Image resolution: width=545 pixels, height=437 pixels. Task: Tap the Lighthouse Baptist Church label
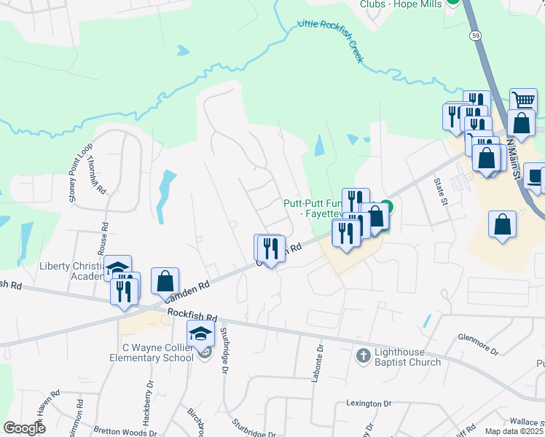coord(407,357)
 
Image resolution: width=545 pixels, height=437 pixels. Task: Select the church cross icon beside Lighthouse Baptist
coord(363,356)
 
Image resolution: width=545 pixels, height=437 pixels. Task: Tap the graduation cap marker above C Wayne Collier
coord(200,334)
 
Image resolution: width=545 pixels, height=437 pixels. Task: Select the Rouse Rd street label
coord(103,238)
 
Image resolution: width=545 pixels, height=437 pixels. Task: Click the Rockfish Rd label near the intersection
coord(192,316)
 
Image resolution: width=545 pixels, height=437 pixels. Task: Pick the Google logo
coord(25,428)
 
